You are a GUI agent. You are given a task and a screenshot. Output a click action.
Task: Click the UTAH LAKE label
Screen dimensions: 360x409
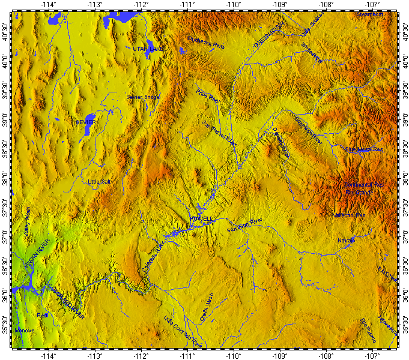click(148, 48)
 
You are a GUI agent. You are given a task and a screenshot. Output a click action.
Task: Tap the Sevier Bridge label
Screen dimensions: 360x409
click(143, 97)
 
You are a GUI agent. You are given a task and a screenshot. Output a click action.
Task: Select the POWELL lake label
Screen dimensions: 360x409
click(201, 220)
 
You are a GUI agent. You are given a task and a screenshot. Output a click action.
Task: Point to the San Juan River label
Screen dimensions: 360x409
click(245, 225)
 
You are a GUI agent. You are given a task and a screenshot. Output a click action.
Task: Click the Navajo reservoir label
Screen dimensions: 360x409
click(347, 240)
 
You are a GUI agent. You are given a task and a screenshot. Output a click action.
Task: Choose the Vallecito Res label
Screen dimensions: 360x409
click(348, 214)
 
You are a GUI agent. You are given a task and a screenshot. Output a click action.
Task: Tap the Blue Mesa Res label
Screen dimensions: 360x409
click(364, 149)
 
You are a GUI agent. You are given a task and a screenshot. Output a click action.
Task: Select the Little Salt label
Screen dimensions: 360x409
click(99, 181)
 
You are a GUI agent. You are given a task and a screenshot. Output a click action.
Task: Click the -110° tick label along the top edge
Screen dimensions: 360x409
click(234, 5)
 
